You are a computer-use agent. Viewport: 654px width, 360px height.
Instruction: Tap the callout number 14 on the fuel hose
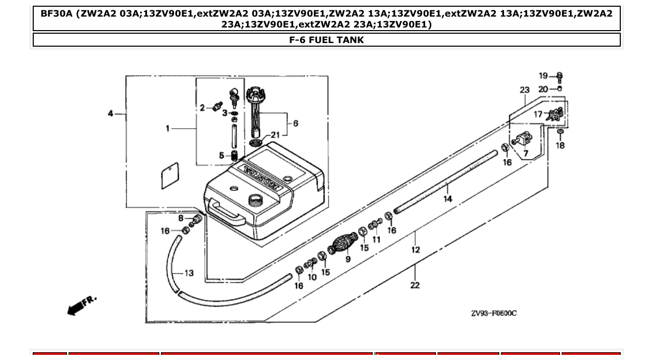(447, 199)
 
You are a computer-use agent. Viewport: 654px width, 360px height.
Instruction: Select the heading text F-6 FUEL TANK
(326, 40)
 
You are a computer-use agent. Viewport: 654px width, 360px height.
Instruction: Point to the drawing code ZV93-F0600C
(494, 313)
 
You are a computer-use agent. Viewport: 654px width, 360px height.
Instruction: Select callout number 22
(415, 285)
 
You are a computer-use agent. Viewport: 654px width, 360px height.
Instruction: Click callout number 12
(415, 250)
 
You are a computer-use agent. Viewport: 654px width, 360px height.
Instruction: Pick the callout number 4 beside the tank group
(111, 114)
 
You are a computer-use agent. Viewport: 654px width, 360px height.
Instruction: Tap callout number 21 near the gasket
(275, 135)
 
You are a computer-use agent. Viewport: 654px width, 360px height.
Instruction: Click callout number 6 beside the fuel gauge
(295, 123)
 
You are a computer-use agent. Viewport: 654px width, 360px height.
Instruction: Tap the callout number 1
(168, 128)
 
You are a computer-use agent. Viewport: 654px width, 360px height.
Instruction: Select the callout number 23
(524, 90)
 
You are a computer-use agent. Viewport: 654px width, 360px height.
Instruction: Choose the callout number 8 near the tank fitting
(181, 218)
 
